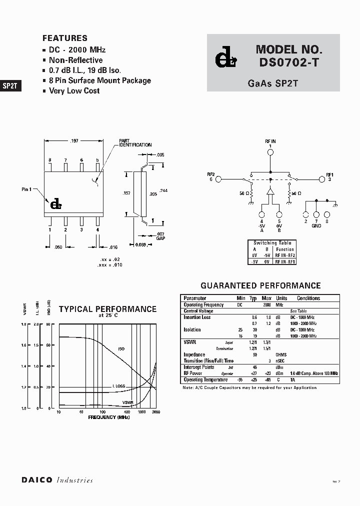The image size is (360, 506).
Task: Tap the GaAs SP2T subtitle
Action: pyautogui.click(x=272, y=83)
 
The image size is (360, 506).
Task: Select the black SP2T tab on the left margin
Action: pyautogui.click(x=10, y=85)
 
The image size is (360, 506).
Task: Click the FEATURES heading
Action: pyautogui.click(x=65, y=38)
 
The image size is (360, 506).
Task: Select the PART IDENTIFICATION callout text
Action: pyautogui.click(x=135, y=143)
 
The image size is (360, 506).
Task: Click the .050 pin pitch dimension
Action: pyautogui.click(x=57, y=247)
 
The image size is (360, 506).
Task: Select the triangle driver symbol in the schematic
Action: pyautogui.click(x=270, y=191)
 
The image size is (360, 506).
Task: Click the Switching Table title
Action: pyautogui.click(x=272, y=243)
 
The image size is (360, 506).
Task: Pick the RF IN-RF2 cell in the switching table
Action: pyautogui.click(x=285, y=255)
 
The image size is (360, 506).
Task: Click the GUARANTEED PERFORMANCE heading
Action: pyautogui.click(x=260, y=285)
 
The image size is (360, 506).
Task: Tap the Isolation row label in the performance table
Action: pyautogui.click(x=192, y=329)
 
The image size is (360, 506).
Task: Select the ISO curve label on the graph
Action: pyautogui.click(x=121, y=348)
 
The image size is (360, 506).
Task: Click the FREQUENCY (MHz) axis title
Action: pyautogui.click(x=108, y=416)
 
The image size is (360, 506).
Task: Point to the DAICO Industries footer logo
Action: pyautogui.click(x=57, y=480)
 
